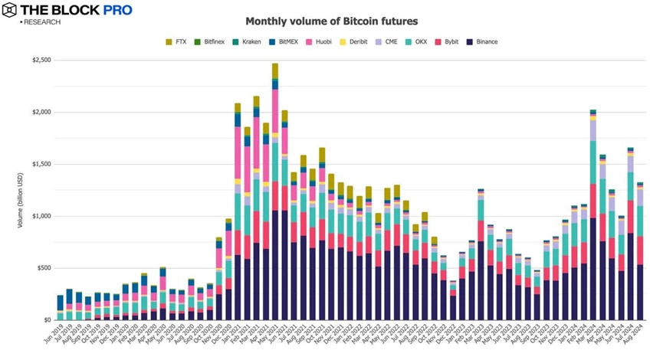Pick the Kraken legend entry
[x=250, y=41]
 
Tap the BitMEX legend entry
[x=286, y=41]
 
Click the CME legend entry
[x=390, y=41]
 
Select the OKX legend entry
[x=418, y=41]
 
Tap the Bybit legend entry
[x=450, y=41]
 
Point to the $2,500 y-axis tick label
[x=41, y=60]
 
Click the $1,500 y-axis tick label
[x=41, y=164]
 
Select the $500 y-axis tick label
[x=43, y=268]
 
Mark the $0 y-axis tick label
[x=48, y=320]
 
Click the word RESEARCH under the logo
[x=43, y=22]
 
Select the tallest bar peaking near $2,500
[x=275, y=191]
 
